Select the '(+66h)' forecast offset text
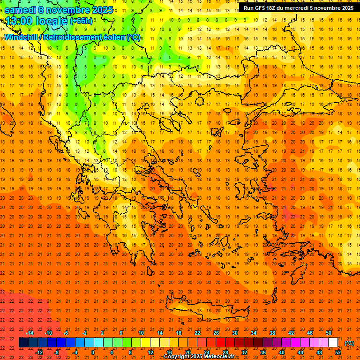tap(81, 21)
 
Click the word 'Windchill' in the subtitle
tap(22, 37)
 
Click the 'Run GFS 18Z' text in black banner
tap(262, 8)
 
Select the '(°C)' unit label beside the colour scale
tap(349, 343)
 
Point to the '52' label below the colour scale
tap(337, 352)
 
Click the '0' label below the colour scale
tap(93, 352)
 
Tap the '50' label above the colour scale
tap(328, 332)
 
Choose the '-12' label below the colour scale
tap(39, 352)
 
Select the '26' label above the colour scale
tap(216, 332)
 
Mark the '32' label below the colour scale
tap(244, 352)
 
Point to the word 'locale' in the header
tap(52, 21)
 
